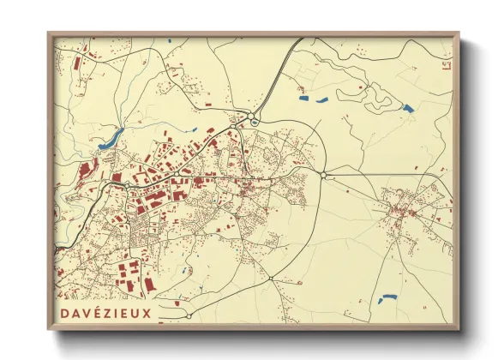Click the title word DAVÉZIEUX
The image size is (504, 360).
click(x=105, y=313)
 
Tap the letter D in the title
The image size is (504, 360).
click(x=64, y=313)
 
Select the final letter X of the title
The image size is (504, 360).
click(x=147, y=313)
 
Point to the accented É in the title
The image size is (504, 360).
click(x=87, y=313)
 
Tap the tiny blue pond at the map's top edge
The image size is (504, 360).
click(x=170, y=41)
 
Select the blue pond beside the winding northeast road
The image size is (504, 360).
click(x=407, y=108)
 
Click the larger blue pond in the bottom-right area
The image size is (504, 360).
click(x=387, y=298)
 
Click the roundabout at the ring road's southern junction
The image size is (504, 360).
click(x=271, y=279)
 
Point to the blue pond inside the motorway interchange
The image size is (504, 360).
click(x=255, y=123)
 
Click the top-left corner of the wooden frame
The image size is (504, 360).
click(x=49, y=33)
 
